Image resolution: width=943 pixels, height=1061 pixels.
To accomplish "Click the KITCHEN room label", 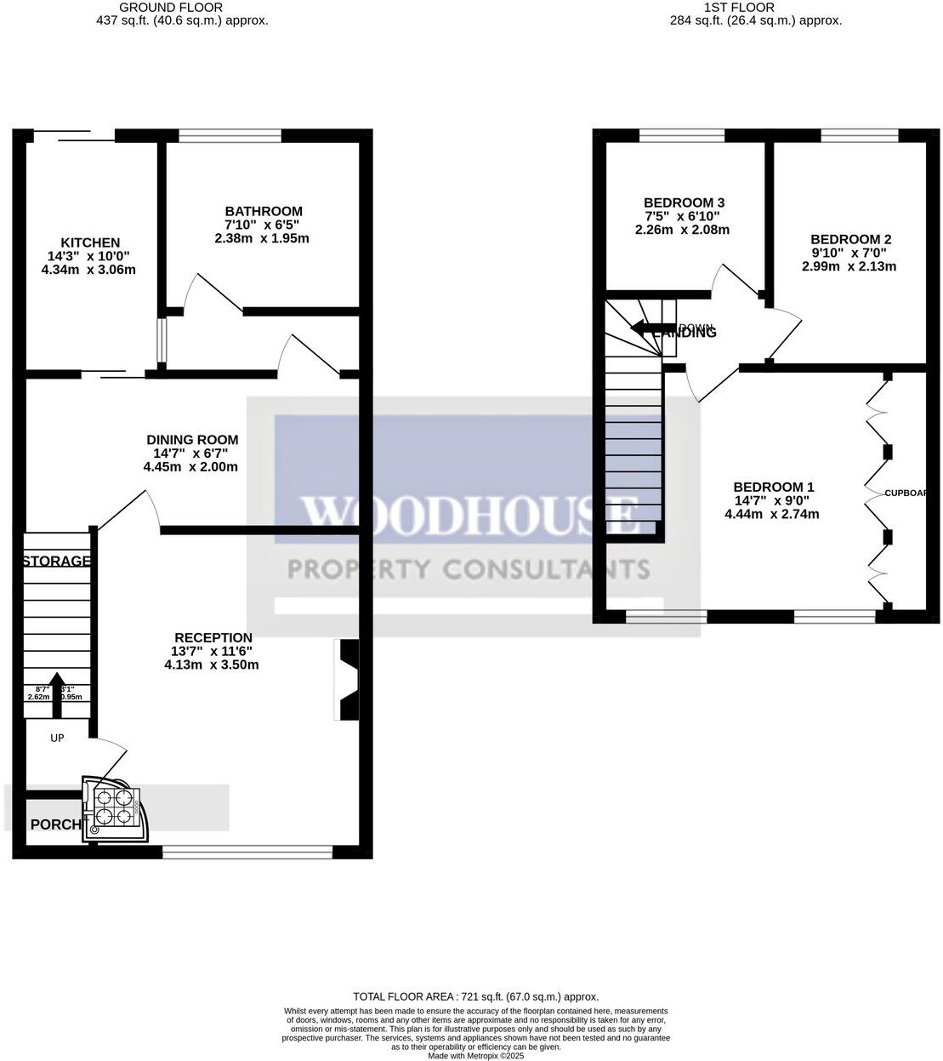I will (x=89, y=242).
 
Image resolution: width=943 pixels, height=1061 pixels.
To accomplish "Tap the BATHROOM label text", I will (x=263, y=211).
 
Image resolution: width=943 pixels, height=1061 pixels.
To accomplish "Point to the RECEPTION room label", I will (x=213, y=637).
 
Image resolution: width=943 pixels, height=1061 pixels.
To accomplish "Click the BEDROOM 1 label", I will (x=773, y=487).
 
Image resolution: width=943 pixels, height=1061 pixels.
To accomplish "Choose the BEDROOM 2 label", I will (x=849, y=239).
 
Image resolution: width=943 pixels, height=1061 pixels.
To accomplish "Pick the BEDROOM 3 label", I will (x=683, y=203).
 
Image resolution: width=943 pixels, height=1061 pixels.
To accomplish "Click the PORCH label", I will (x=54, y=824).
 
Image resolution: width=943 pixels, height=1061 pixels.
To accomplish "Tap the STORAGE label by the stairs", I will (x=56, y=561).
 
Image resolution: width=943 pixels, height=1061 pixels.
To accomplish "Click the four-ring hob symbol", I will (x=114, y=807).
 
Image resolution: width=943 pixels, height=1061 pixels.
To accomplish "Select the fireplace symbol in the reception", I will (x=349, y=680).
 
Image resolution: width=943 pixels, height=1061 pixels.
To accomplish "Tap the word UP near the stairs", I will (x=57, y=738).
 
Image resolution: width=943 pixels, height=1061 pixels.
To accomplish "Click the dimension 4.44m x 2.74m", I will (x=771, y=514).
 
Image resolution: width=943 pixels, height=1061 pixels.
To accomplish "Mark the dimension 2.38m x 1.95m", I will (x=261, y=238).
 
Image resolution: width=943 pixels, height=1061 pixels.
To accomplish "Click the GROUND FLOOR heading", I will (x=182, y=7).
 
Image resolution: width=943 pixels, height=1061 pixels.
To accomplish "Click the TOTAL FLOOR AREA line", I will (x=475, y=996).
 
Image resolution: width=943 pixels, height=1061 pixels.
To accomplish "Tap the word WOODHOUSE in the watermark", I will (x=469, y=515).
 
